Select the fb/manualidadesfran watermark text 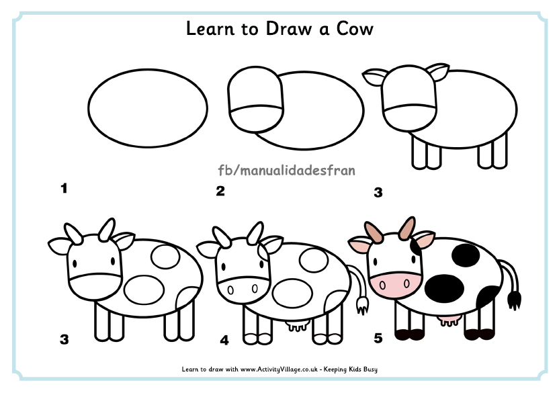point(286,171)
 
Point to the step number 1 point(64,189)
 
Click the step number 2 point(220,191)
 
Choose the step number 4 point(224,341)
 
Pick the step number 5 point(378,339)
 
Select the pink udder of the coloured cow point(445,321)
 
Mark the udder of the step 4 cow point(294,326)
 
